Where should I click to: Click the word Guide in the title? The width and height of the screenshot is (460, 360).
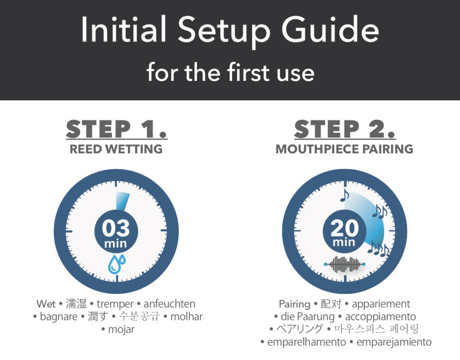[330, 29]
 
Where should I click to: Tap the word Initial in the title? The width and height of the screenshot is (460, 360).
[124, 29]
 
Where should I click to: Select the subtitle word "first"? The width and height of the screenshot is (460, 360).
[248, 71]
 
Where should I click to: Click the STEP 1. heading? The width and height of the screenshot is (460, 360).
[116, 129]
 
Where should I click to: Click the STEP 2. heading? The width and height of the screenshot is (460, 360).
[345, 129]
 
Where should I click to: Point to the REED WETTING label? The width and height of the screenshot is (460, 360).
[116, 149]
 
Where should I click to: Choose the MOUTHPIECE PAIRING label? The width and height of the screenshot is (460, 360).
[345, 149]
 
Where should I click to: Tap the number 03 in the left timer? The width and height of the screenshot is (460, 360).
[116, 228]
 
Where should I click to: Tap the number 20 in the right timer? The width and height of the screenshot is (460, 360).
[345, 228]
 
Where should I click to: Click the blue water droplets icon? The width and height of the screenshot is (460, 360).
[117, 264]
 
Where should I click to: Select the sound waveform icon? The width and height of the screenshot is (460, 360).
[345, 264]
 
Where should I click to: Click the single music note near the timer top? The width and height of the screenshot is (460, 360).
[345, 195]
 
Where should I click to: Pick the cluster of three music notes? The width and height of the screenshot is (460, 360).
[378, 249]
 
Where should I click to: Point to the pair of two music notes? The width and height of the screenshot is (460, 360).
[380, 212]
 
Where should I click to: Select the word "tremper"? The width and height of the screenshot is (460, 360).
[115, 304]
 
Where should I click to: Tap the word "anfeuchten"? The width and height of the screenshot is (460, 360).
[169, 304]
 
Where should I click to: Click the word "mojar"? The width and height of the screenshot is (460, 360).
[121, 329]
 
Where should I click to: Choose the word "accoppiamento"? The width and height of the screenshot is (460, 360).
[380, 316]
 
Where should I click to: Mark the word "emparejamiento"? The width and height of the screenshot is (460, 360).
[394, 342]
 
